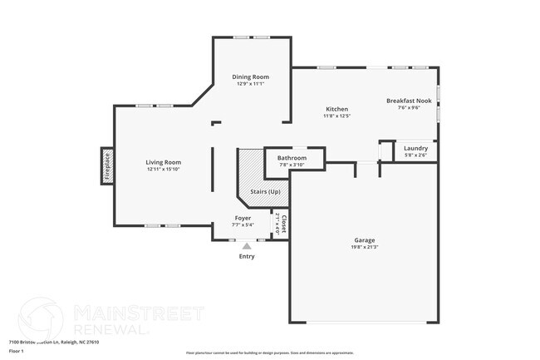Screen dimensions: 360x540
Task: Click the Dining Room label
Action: [250, 76]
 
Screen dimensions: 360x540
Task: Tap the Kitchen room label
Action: [336, 109]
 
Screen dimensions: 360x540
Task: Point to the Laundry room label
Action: [415, 148]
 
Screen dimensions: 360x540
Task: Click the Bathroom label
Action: [292, 158]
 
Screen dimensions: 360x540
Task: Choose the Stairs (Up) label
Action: [265, 191]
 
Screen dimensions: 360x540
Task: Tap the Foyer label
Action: [243, 218]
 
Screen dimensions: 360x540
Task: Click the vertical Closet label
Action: [283, 224]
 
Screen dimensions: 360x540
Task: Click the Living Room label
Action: [164, 162]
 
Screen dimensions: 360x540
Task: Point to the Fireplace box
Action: [106, 165]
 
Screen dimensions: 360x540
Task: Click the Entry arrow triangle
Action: [246, 246]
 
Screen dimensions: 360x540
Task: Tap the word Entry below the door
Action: [247, 256]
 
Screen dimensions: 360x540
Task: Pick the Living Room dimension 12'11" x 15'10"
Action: [164, 169]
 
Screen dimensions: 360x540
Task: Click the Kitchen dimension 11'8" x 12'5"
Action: [336, 116]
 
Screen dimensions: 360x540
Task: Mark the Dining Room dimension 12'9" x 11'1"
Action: [250, 83]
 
